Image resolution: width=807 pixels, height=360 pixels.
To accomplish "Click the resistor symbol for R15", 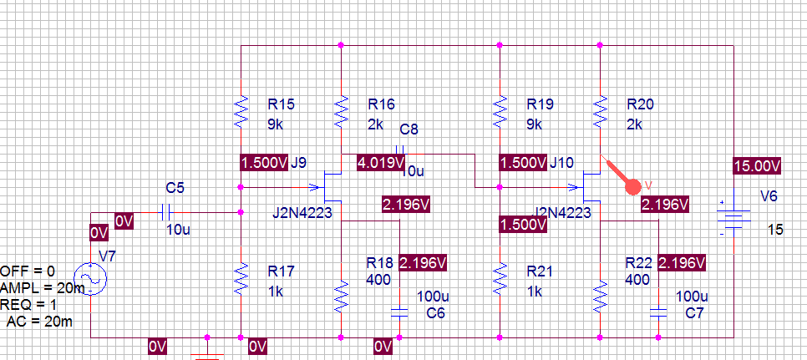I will [x=241, y=109].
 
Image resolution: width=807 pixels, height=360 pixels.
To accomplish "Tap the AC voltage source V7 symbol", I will [x=88, y=279].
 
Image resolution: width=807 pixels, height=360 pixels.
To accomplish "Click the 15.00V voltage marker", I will [x=757, y=165].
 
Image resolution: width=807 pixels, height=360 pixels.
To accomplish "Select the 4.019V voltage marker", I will [x=381, y=163].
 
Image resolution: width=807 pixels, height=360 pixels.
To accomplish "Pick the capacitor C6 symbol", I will [x=399, y=312].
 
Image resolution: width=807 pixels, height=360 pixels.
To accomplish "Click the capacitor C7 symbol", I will [x=658, y=312].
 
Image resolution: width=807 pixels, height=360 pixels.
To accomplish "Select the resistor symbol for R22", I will [x=600, y=294].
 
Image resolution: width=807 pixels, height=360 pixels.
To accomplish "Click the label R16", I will [x=380, y=105].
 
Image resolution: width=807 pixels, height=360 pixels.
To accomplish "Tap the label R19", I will [x=540, y=105].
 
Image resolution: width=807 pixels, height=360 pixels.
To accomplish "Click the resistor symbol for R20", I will [x=600, y=109].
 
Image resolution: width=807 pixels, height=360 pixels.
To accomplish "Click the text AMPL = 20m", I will [x=42, y=288].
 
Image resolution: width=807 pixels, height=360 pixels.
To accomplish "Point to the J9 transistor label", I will [x=299, y=163].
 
